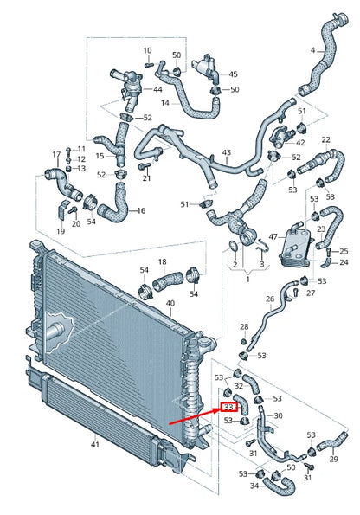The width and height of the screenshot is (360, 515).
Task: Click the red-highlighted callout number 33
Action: (x=230, y=405)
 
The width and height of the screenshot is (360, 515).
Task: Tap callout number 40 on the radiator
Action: (x=170, y=304)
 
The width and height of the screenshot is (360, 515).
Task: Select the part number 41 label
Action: (x=95, y=445)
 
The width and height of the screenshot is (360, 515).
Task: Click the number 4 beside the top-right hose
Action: (x=312, y=50)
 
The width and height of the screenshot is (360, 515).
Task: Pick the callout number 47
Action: (x=273, y=235)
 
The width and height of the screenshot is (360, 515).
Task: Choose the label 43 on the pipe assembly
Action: (x=227, y=153)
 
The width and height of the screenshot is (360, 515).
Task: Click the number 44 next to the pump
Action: (x=157, y=90)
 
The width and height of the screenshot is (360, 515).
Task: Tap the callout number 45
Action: (x=233, y=74)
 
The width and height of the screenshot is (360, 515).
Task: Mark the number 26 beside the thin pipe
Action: (x=270, y=299)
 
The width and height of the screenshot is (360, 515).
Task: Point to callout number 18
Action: (x=162, y=261)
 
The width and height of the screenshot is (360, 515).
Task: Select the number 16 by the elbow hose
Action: (x=141, y=210)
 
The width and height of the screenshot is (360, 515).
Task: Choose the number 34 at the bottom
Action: (x=254, y=486)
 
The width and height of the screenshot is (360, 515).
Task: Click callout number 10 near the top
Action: (x=146, y=51)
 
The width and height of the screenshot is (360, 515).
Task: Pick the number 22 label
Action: (x=326, y=138)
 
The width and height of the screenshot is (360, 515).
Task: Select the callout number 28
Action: (x=244, y=326)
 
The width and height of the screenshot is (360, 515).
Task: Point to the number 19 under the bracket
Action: (x=61, y=231)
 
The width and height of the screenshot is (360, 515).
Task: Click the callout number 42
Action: (x=300, y=142)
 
